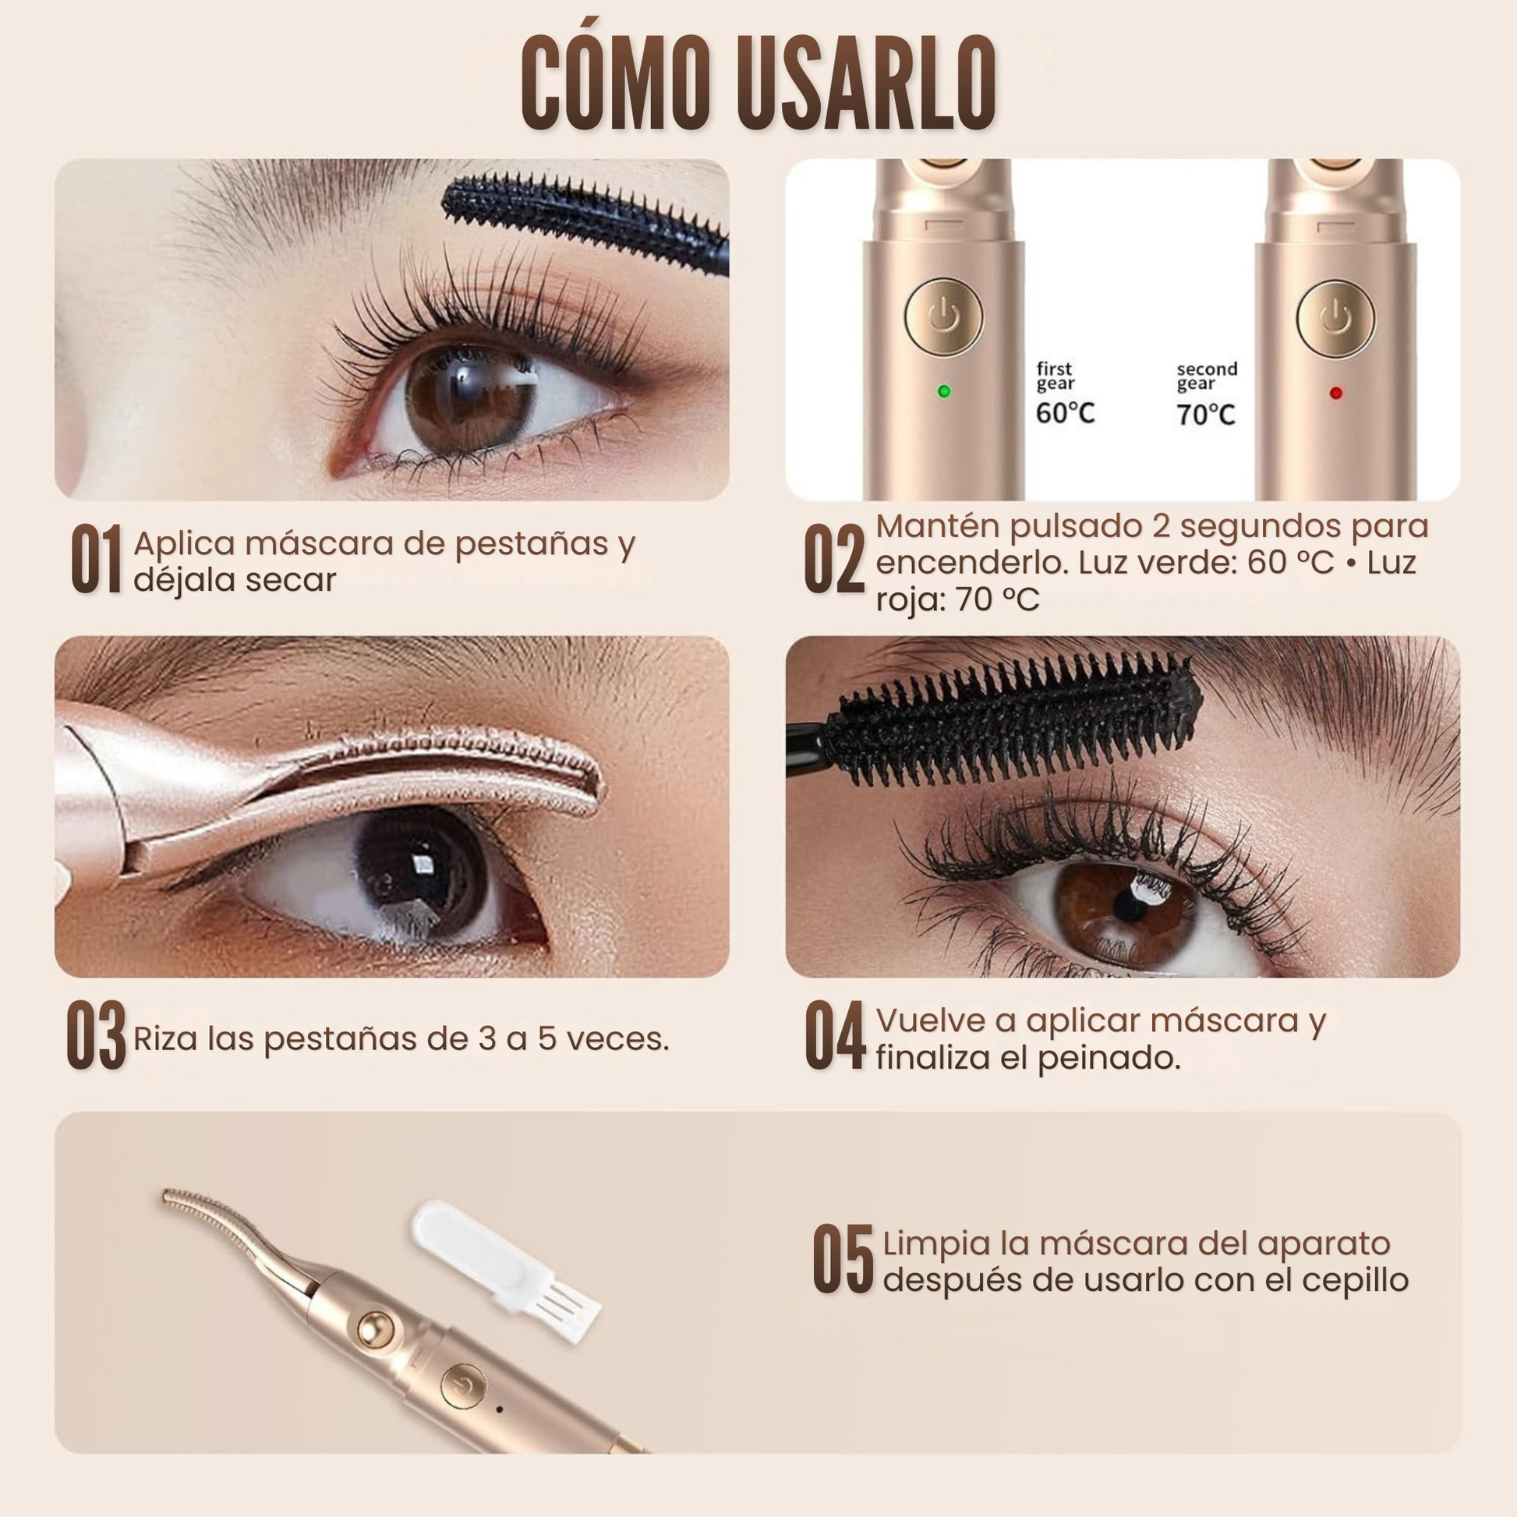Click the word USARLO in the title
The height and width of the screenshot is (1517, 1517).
click(x=867, y=84)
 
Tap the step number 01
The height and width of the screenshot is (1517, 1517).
click(x=97, y=559)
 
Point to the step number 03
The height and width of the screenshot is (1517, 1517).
click(x=97, y=1034)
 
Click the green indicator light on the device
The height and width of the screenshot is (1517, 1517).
click(x=944, y=391)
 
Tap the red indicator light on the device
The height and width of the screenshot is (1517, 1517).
click(x=1335, y=393)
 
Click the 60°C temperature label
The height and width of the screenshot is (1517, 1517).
click(x=1065, y=412)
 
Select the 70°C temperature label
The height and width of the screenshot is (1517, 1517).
click(x=1205, y=414)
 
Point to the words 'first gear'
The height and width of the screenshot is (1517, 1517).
click(x=1055, y=376)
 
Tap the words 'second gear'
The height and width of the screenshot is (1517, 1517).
click(x=1206, y=377)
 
